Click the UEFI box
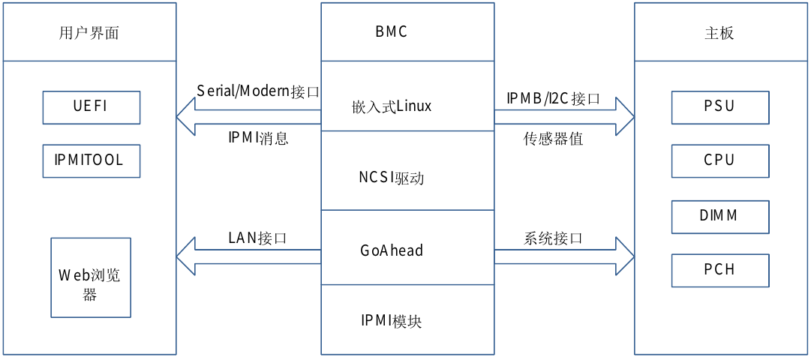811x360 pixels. point(92,106)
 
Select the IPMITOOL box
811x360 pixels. point(92,160)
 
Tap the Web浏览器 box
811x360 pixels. point(91,277)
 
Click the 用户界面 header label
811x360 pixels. point(89,33)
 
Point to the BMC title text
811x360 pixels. point(392,32)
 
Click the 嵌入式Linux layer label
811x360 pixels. point(392,106)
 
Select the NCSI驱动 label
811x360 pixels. point(392,178)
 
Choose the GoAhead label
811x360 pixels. point(392,250)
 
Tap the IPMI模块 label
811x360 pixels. point(392,321)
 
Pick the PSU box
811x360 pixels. point(720,106)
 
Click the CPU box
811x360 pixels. point(720,160)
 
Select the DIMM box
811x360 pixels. point(720,216)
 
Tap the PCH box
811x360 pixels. point(720,270)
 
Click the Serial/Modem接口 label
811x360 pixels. point(258,91)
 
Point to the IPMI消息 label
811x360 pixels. point(258,139)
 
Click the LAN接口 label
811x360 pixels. point(258,238)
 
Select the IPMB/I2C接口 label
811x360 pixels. point(554,98)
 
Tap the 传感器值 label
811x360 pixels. point(554,139)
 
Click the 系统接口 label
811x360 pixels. point(554,238)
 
